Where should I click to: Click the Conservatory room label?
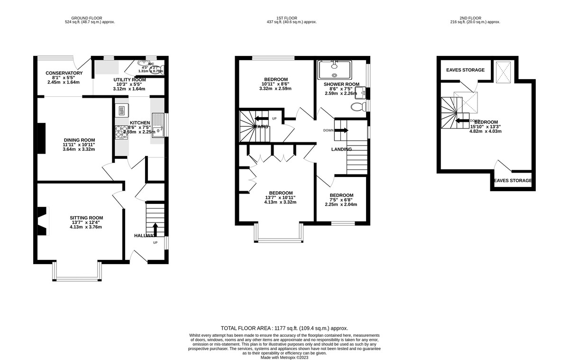tap(64, 73)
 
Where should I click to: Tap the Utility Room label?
tap(129, 80)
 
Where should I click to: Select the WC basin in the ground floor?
tap(143, 63)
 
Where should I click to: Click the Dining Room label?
tap(79, 140)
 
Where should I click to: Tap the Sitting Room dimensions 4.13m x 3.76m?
tap(85, 227)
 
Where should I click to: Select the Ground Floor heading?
tap(90, 18)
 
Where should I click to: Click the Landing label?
tap(341, 149)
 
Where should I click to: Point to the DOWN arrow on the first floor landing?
tap(342, 130)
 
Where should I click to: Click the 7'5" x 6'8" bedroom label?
tap(341, 195)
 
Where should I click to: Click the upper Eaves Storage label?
tap(466, 70)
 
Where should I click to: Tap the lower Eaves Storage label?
tap(513, 181)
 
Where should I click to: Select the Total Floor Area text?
tap(284, 328)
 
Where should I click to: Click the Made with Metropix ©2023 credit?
tap(284, 358)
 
